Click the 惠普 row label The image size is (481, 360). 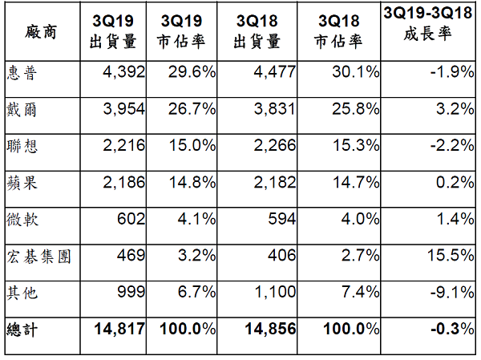pyautogui.click(x=21, y=73)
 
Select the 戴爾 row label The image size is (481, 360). pyautogui.click(x=21, y=110)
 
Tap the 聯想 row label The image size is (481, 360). pyautogui.click(x=21, y=147)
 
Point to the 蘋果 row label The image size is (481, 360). pyautogui.click(x=21, y=183)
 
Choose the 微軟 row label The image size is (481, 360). pyautogui.click(x=21, y=220)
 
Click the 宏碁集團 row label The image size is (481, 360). pyautogui.click(x=36, y=256)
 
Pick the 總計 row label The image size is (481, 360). pyautogui.click(x=21, y=330)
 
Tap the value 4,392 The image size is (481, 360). pyautogui.click(x=123, y=73)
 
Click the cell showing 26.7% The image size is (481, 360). pyautogui.click(x=192, y=110)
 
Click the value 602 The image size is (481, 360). pyautogui.click(x=131, y=220)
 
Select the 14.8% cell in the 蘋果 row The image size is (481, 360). pyautogui.click(x=192, y=183)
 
